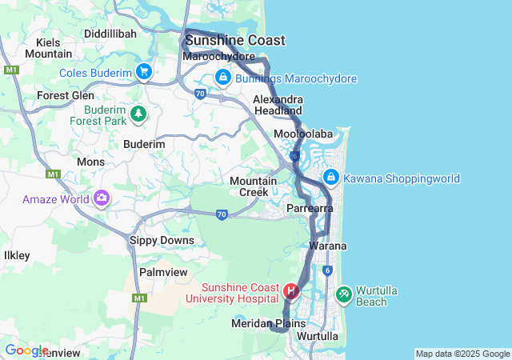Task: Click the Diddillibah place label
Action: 113,34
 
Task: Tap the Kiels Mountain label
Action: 48,48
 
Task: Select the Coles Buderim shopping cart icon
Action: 144,72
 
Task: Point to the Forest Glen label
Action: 66,95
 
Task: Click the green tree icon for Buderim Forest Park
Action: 139,114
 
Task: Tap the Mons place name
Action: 90,162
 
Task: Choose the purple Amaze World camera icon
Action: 102,198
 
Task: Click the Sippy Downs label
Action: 162,240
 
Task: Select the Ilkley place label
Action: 17,255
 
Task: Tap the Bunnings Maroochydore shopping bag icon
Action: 222,78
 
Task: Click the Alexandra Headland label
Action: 278,105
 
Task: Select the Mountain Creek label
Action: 253,186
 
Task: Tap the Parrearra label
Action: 310,208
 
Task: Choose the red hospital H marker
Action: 291,290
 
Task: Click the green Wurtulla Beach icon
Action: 344,295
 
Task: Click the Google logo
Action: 26,350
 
